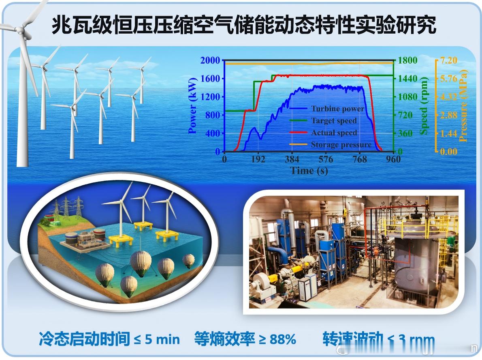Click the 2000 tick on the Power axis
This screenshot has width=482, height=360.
click(x=210, y=60)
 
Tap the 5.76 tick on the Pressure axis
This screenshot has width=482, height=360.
click(x=448, y=79)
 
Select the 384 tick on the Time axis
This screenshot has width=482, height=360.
click(x=292, y=159)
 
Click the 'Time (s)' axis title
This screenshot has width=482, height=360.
click(x=309, y=171)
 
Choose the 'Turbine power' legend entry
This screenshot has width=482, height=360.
click(x=337, y=109)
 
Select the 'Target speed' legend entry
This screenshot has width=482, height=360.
click(x=334, y=121)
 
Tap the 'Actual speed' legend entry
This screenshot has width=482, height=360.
click(x=334, y=133)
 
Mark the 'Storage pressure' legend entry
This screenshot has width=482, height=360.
click(x=341, y=145)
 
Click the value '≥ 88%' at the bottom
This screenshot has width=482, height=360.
click(x=278, y=339)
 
